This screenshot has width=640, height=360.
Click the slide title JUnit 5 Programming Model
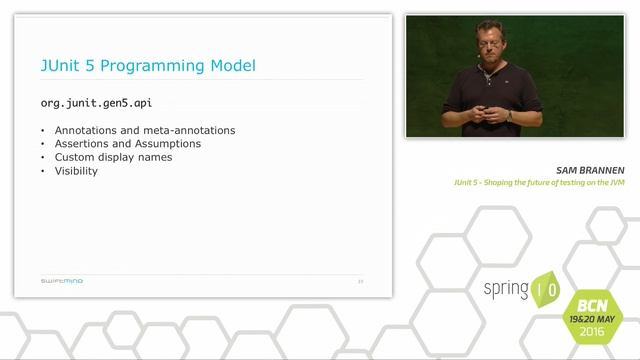click(x=148, y=66)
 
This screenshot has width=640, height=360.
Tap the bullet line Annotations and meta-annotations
click(x=145, y=131)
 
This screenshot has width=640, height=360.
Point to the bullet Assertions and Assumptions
click(x=128, y=144)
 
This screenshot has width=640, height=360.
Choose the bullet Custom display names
click(x=113, y=157)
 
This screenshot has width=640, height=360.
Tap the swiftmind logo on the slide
click(x=62, y=281)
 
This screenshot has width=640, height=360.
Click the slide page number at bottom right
click(x=360, y=281)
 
